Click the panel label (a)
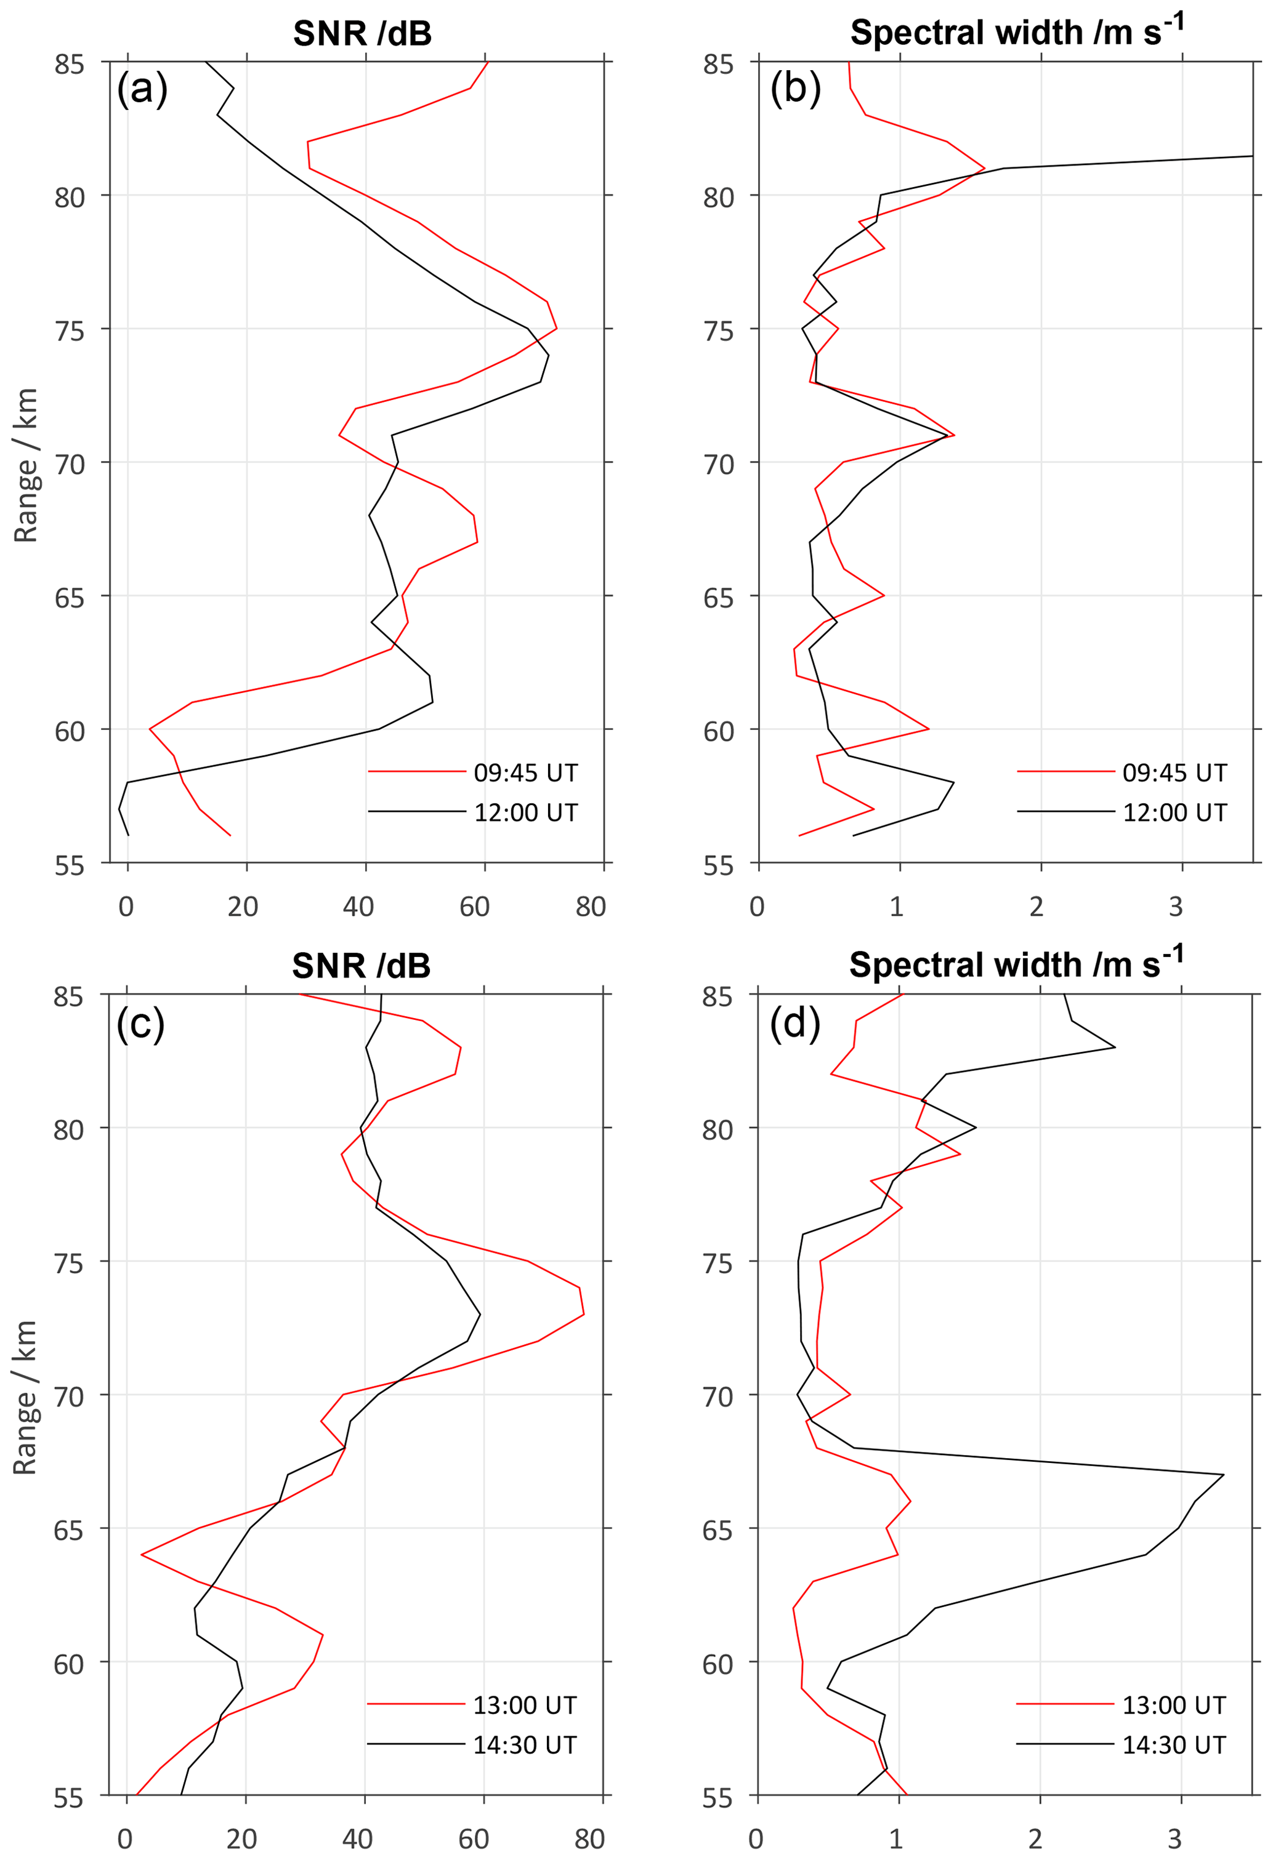pyautogui.click(x=142, y=88)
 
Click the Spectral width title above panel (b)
pyautogui.click(x=1016, y=32)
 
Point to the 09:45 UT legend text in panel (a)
pyautogui.click(x=525, y=772)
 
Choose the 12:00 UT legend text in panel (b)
pyautogui.click(x=1174, y=812)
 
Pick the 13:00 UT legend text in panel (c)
pyautogui.click(x=525, y=1705)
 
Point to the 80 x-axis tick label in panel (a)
pyautogui.click(x=590, y=907)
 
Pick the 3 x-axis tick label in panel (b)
pyautogui.click(x=1174, y=907)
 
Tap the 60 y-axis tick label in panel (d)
pyautogui.click(x=717, y=1664)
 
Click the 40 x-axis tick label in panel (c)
pyautogui.click(x=357, y=1838)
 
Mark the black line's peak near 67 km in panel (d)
pyautogui.click(x=1223, y=1474)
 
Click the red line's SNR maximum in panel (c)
pyautogui.click(x=584, y=1314)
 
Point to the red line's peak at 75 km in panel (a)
pyautogui.click(x=557, y=328)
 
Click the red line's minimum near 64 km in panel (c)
pyautogui.click(x=142, y=1554)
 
